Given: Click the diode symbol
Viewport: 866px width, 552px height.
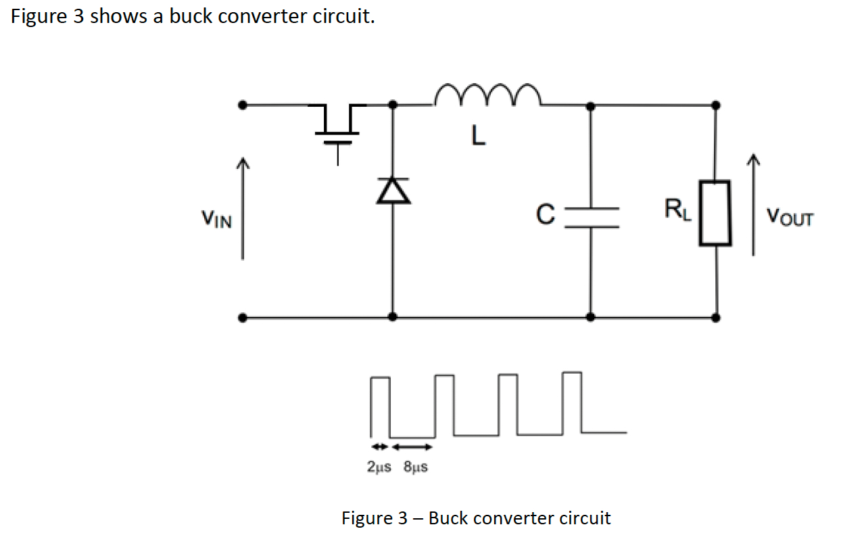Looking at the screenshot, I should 393,192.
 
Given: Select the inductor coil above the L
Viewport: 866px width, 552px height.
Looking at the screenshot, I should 487,97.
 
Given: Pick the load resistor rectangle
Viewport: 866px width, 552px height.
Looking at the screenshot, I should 715,213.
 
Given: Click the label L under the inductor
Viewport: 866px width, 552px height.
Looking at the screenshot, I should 478,137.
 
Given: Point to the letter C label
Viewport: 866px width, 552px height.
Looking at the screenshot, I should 546,215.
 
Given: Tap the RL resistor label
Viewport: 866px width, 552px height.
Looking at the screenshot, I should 677,209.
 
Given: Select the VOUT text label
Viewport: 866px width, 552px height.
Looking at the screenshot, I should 790,218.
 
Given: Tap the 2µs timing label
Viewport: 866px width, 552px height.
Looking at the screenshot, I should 379,467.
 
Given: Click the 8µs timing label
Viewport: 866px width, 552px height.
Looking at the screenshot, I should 415,467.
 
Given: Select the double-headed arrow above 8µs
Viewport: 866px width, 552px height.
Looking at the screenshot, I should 412,447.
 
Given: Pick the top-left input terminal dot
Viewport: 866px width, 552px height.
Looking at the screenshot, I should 243,105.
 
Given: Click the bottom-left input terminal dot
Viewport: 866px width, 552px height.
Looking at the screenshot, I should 243,317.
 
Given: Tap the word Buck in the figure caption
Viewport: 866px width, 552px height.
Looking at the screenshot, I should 448,518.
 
